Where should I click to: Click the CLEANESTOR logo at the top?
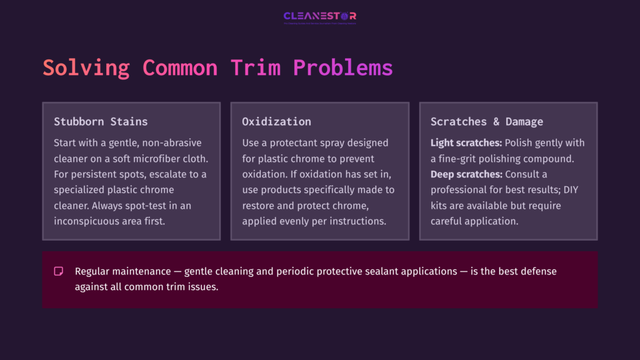tap(319, 17)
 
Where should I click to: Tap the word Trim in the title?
tap(256, 67)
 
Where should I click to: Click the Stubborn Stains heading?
tap(101, 121)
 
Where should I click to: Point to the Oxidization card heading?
tap(276, 121)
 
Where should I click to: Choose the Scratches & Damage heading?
tap(487, 121)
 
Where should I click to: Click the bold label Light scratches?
tap(466, 143)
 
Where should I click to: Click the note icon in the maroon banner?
tap(59, 271)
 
